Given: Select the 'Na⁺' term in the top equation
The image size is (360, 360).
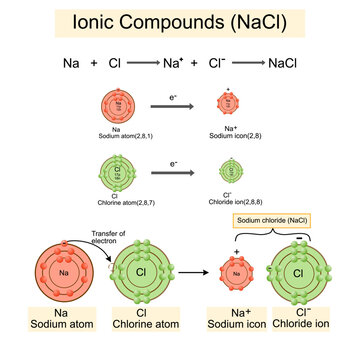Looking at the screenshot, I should pos(179,63).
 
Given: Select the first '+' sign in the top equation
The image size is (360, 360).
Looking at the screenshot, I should pos(95,63).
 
